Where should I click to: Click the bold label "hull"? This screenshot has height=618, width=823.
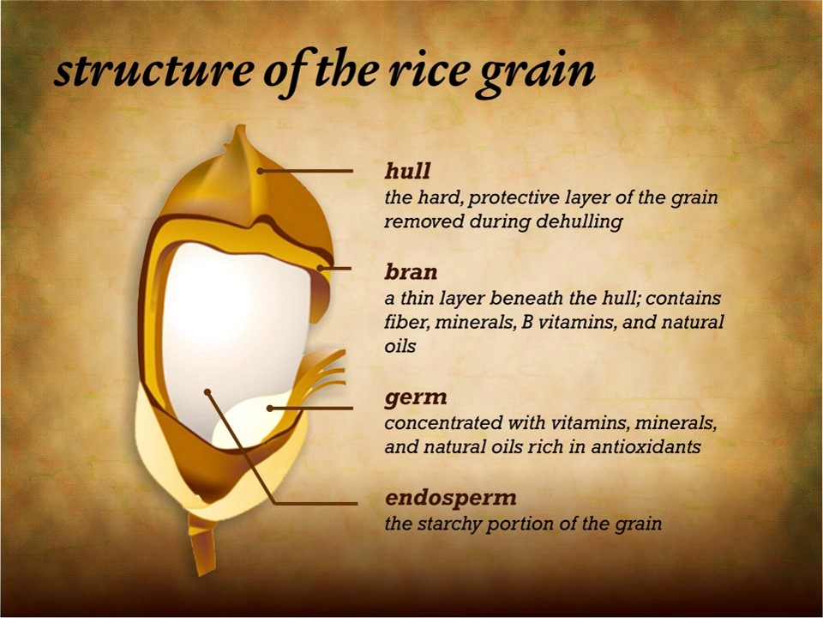coord(407,171)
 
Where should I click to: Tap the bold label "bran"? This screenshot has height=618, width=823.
coord(411,272)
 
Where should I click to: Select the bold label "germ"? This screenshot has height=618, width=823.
coord(416,397)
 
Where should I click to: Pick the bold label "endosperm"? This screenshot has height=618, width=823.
coord(451,498)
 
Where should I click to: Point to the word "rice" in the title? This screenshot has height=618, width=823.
coord(430,71)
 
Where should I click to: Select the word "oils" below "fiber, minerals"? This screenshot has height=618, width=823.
coord(400,346)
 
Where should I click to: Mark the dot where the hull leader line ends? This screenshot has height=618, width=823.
coord(260,170)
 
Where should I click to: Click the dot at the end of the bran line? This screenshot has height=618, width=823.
coord(320,268)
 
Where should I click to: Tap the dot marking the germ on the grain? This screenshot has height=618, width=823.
coord(270,409)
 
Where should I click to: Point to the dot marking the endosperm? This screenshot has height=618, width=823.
coord(207,392)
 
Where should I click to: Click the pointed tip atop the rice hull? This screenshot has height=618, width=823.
coord(240,126)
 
